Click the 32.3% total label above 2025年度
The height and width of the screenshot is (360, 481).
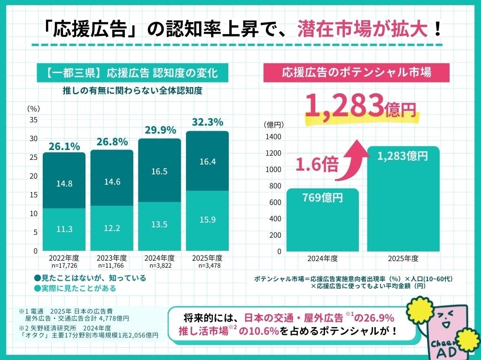(207, 123)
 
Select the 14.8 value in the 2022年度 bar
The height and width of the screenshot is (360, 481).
(64, 184)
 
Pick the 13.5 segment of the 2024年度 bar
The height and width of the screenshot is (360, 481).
(159, 224)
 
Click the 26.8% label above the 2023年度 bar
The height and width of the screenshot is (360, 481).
(112, 142)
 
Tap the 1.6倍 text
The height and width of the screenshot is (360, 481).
(317, 165)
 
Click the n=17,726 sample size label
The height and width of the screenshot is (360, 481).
(64, 265)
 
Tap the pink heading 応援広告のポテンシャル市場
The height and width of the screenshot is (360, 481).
(357, 72)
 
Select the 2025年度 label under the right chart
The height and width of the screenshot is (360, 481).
(403, 258)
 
